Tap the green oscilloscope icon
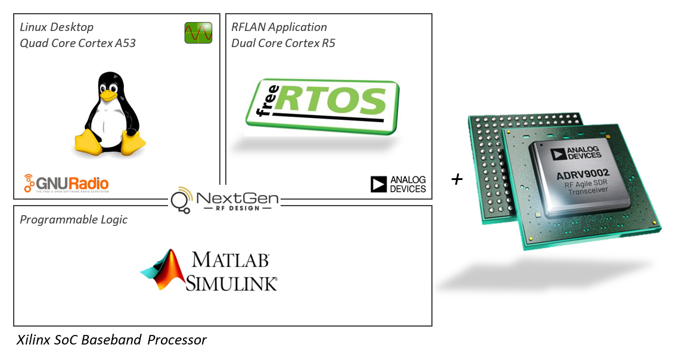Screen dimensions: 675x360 pos(198,33)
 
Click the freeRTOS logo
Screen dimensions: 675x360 pos(322,105)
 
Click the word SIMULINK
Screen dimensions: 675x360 pos(231,283)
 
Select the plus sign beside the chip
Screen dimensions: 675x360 pos(457,179)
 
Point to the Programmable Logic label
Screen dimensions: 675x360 pos(74,219)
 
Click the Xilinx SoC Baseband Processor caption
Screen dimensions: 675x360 pos(111,340)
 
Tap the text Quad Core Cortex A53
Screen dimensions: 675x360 pos(77,43)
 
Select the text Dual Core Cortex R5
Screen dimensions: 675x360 pos(283,43)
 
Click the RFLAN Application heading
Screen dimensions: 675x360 pos(279,27)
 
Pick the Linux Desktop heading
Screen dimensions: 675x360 pos(57,27)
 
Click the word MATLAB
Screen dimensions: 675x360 pos(230,260)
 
